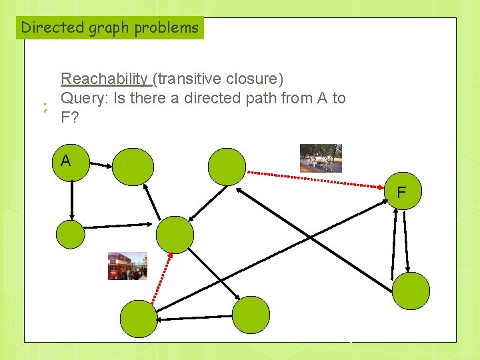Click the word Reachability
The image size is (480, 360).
(x=105, y=79)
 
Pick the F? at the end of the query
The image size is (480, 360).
(x=68, y=119)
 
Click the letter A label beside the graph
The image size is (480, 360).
(x=65, y=161)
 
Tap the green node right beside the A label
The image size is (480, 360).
(x=133, y=167)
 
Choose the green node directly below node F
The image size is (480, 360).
(x=411, y=291)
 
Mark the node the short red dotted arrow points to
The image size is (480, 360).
(x=175, y=234)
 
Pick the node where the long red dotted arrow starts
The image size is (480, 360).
(x=227, y=166)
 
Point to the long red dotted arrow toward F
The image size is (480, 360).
(x=317, y=178)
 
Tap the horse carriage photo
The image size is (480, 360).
(x=321, y=158)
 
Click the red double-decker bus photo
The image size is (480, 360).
(x=127, y=266)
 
